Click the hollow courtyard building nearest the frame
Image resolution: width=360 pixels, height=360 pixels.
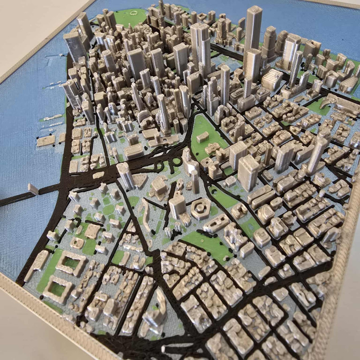(58, 288)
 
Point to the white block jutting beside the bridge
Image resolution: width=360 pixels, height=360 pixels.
(33, 189)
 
